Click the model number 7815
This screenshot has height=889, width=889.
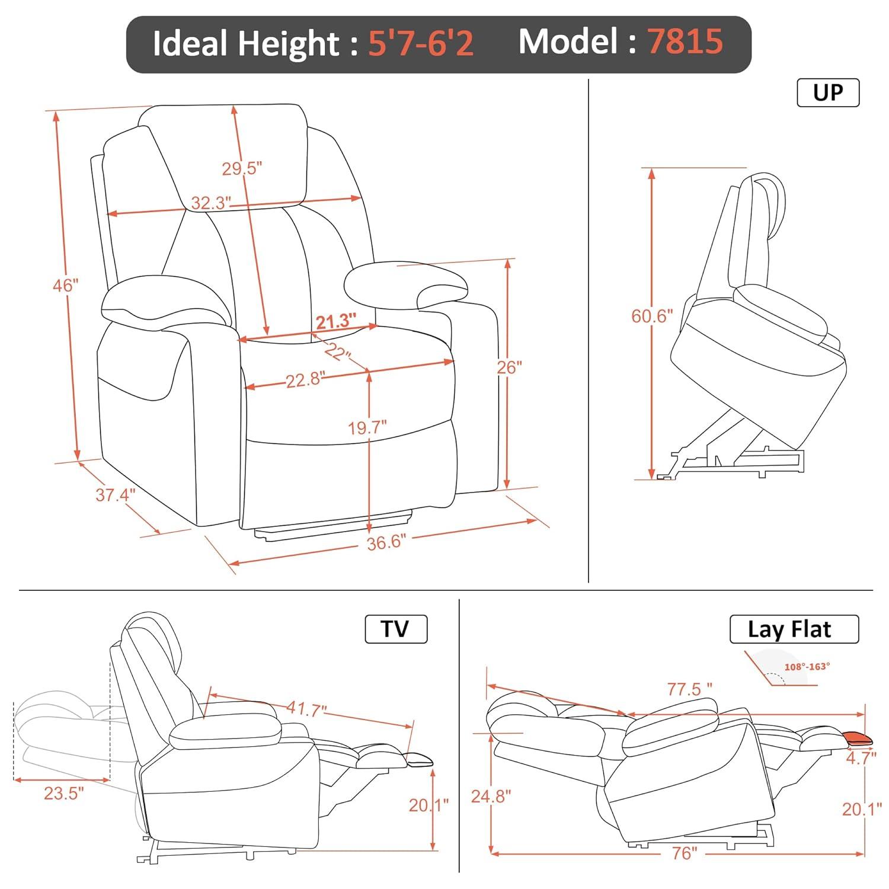pyautogui.click(x=685, y=41)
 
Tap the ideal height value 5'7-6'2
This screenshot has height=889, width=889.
pyautogui.click(x=421, y=43)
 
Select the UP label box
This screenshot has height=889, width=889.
pyautogui.click(x=828, y=93)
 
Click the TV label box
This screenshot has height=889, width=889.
pyautogui.click(x=395, y=629)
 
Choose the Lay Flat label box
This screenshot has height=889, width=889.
pyautogui.click(x=794, y=629)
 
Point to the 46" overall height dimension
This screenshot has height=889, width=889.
pyautogui.click(x=65, y=286)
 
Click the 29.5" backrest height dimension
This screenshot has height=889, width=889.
pyautogui.click(x=242, y=169)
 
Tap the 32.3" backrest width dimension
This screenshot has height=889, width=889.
pyautogui.click(x=210, y=203)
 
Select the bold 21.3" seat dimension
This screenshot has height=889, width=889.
pyautogui.click(x=335, y=322)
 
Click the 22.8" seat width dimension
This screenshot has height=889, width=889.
pyautogui.click(x=306, y=380)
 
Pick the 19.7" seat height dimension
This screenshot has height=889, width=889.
pyautogui.click(x=367, y=427)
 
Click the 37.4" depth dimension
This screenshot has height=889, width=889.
pyautogui.click(x=116, y=495)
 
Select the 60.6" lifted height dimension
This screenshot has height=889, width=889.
pyautogui.click(x=652, y=316)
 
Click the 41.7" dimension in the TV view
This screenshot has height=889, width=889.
pyautogui.click(x=307, y=708)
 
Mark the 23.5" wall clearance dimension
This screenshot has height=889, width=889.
pyautogui.click(x=63, y=793)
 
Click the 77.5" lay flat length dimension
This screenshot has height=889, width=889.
pyautogui.click(x=690, y=689)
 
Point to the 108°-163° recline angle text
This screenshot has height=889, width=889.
pyautogui.click(x=807, y=667)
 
